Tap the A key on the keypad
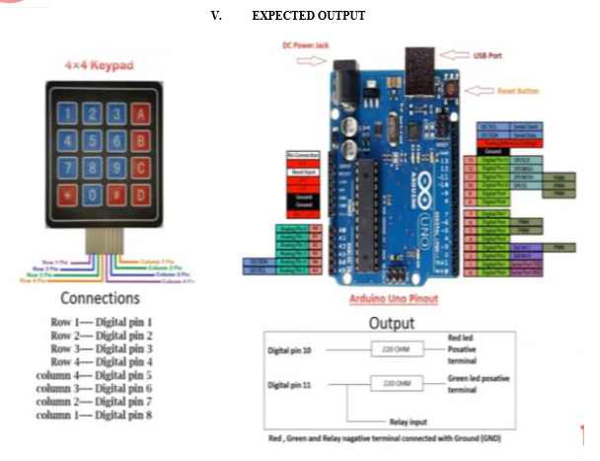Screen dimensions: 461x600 pyautogui.click(x=140, y=115)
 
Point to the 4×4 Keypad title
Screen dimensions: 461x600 pyautogui.click(x=99, y=66)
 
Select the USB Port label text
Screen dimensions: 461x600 pyautogui.click(x=486, y=55)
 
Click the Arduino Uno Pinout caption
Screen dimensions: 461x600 pyautogui.click(x=394, y=298)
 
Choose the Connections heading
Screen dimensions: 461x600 pyautogui.click(x=100, y=298)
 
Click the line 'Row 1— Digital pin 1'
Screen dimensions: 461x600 pyautogui.click(x=102, y=322)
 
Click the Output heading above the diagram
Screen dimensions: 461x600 pyautogui.click(x=392, y=323)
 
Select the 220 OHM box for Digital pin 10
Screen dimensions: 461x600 pyautogui.click(x=391, y=349)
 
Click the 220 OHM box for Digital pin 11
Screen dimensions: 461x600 pyautogui.click(x=391, y=381)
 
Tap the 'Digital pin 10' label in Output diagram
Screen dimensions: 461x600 pyautogui.click(x=292, y=350)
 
